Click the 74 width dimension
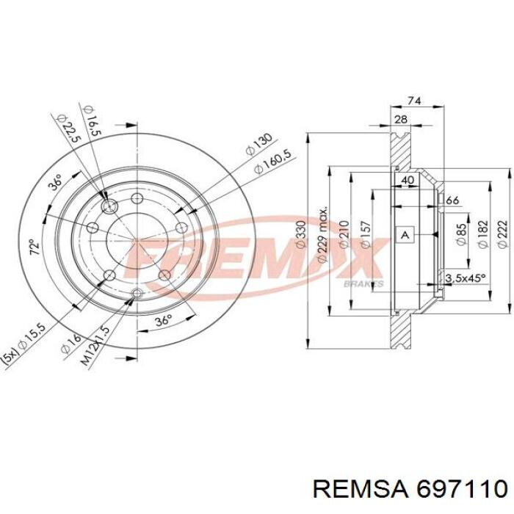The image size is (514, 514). click(413, 101)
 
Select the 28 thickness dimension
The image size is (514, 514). click(401, 119)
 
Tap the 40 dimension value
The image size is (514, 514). click(408, 180)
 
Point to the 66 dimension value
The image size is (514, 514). click(452, 200)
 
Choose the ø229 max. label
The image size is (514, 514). click(322, 234)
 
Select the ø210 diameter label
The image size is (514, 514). click(344, 234)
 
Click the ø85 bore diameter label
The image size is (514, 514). click(461, 234)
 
